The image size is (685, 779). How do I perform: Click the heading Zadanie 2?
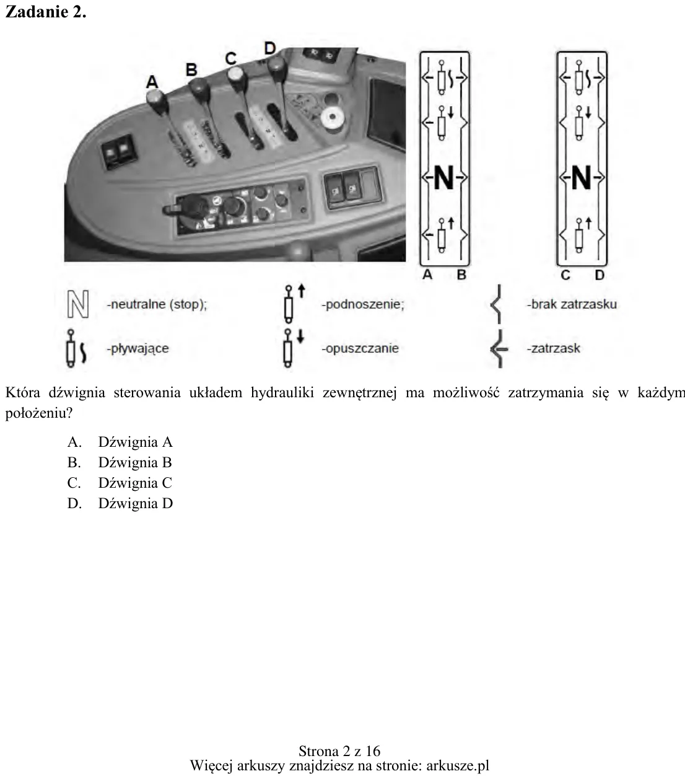click(x=46, y=12)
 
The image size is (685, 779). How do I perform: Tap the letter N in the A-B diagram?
click(x=444, y=178)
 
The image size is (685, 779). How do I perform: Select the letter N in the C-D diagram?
click(x=581, y=178)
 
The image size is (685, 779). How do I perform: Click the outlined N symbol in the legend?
click(x=78, y=304)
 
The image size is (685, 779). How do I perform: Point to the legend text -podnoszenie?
click(x=363, y=304)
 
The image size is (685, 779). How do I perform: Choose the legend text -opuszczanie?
click(x=360, y=348)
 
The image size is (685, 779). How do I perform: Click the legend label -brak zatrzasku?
click(x=572, y=304)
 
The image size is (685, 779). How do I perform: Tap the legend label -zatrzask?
click(x=553, y=348)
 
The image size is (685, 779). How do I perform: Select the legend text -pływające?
click(x=137, y=349)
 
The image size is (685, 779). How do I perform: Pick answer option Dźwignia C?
click(x=135, y=483)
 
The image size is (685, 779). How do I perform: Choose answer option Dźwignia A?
click(x=135, y=442)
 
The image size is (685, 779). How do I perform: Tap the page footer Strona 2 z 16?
click(x=339, y=751)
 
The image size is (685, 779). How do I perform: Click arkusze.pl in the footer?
click(x=458, y=765)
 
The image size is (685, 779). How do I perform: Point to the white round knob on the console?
click(x=333, y=117)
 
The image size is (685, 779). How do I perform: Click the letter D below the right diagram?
click(x=600, y=275)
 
